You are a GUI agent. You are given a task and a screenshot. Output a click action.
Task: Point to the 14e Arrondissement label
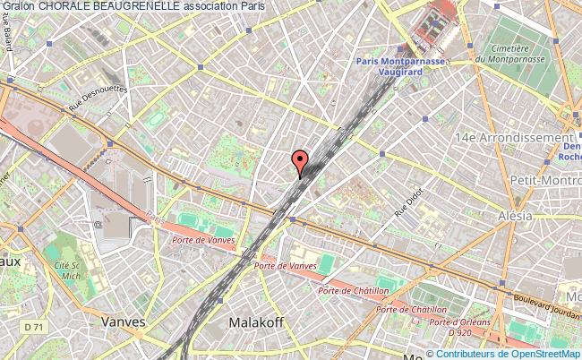coord(512,138)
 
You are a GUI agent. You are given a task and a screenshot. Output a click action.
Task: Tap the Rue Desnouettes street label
coord(99,99)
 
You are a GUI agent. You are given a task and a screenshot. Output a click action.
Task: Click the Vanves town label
coord(124,321)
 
